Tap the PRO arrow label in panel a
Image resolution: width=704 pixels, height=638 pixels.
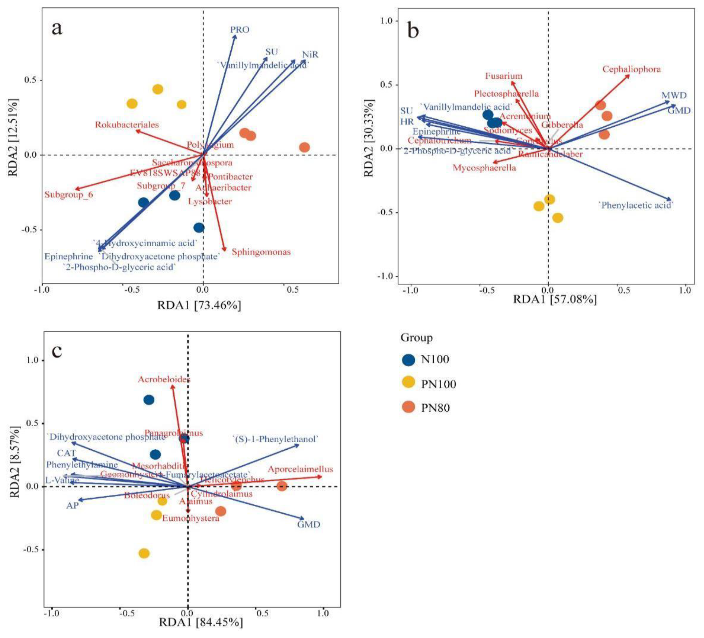(239, 30)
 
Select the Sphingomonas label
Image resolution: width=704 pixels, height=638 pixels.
(261, 252)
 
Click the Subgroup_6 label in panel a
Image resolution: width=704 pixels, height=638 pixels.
(69, 194)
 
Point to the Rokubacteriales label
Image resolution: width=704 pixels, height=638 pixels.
(127, 125)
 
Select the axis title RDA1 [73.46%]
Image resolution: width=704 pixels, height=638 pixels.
(199, 305)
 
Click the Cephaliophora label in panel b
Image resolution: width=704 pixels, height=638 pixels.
(631, 69)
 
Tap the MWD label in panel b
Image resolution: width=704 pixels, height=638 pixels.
(674, 95)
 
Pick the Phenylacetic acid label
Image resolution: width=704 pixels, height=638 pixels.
(635, 205)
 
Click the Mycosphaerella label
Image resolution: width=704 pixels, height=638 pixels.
(484, 168)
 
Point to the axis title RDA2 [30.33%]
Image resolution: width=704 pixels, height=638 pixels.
(369, 138)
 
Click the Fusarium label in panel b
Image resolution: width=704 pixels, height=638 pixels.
(503, 76)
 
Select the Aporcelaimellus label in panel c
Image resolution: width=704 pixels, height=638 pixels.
(300, 469)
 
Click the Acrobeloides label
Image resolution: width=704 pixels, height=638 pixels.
(164, 379)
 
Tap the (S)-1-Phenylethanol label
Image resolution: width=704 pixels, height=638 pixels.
(275, 439)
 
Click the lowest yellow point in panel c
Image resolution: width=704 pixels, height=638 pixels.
(144, 553)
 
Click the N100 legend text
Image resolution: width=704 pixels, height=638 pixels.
(435, 359)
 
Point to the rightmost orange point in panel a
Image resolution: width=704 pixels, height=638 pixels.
(304, 147)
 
